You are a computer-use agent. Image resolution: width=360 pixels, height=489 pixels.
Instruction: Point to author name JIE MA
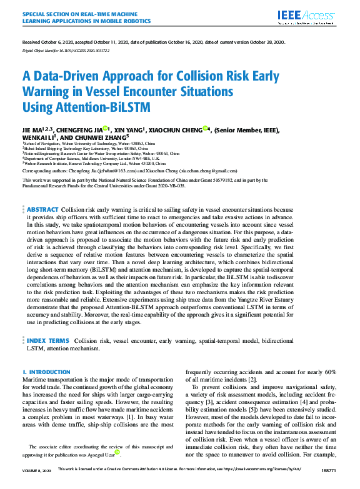35,131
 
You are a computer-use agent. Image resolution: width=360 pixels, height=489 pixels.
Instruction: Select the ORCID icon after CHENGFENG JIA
106,129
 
